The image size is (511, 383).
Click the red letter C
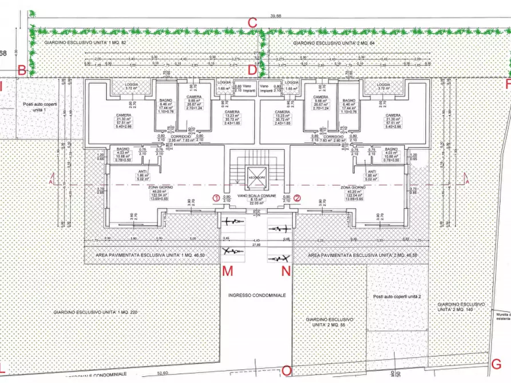pyautogui.click(x=252, y=23)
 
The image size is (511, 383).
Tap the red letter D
pyautogui.click(x=252, y=70)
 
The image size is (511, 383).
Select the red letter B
pyautogui.click(x=22, y=70)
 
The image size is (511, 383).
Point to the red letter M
pyautogui.click(x=228, y=271)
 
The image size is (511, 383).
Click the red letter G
pyautogui.click(x=497, y=364)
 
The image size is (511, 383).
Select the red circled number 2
pyautogui.click(x=298, y=198)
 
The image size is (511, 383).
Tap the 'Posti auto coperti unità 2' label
pyautogui.click(x=397, y=297)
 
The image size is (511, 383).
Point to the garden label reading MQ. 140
pyautogui.click(x=460, y=307)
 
